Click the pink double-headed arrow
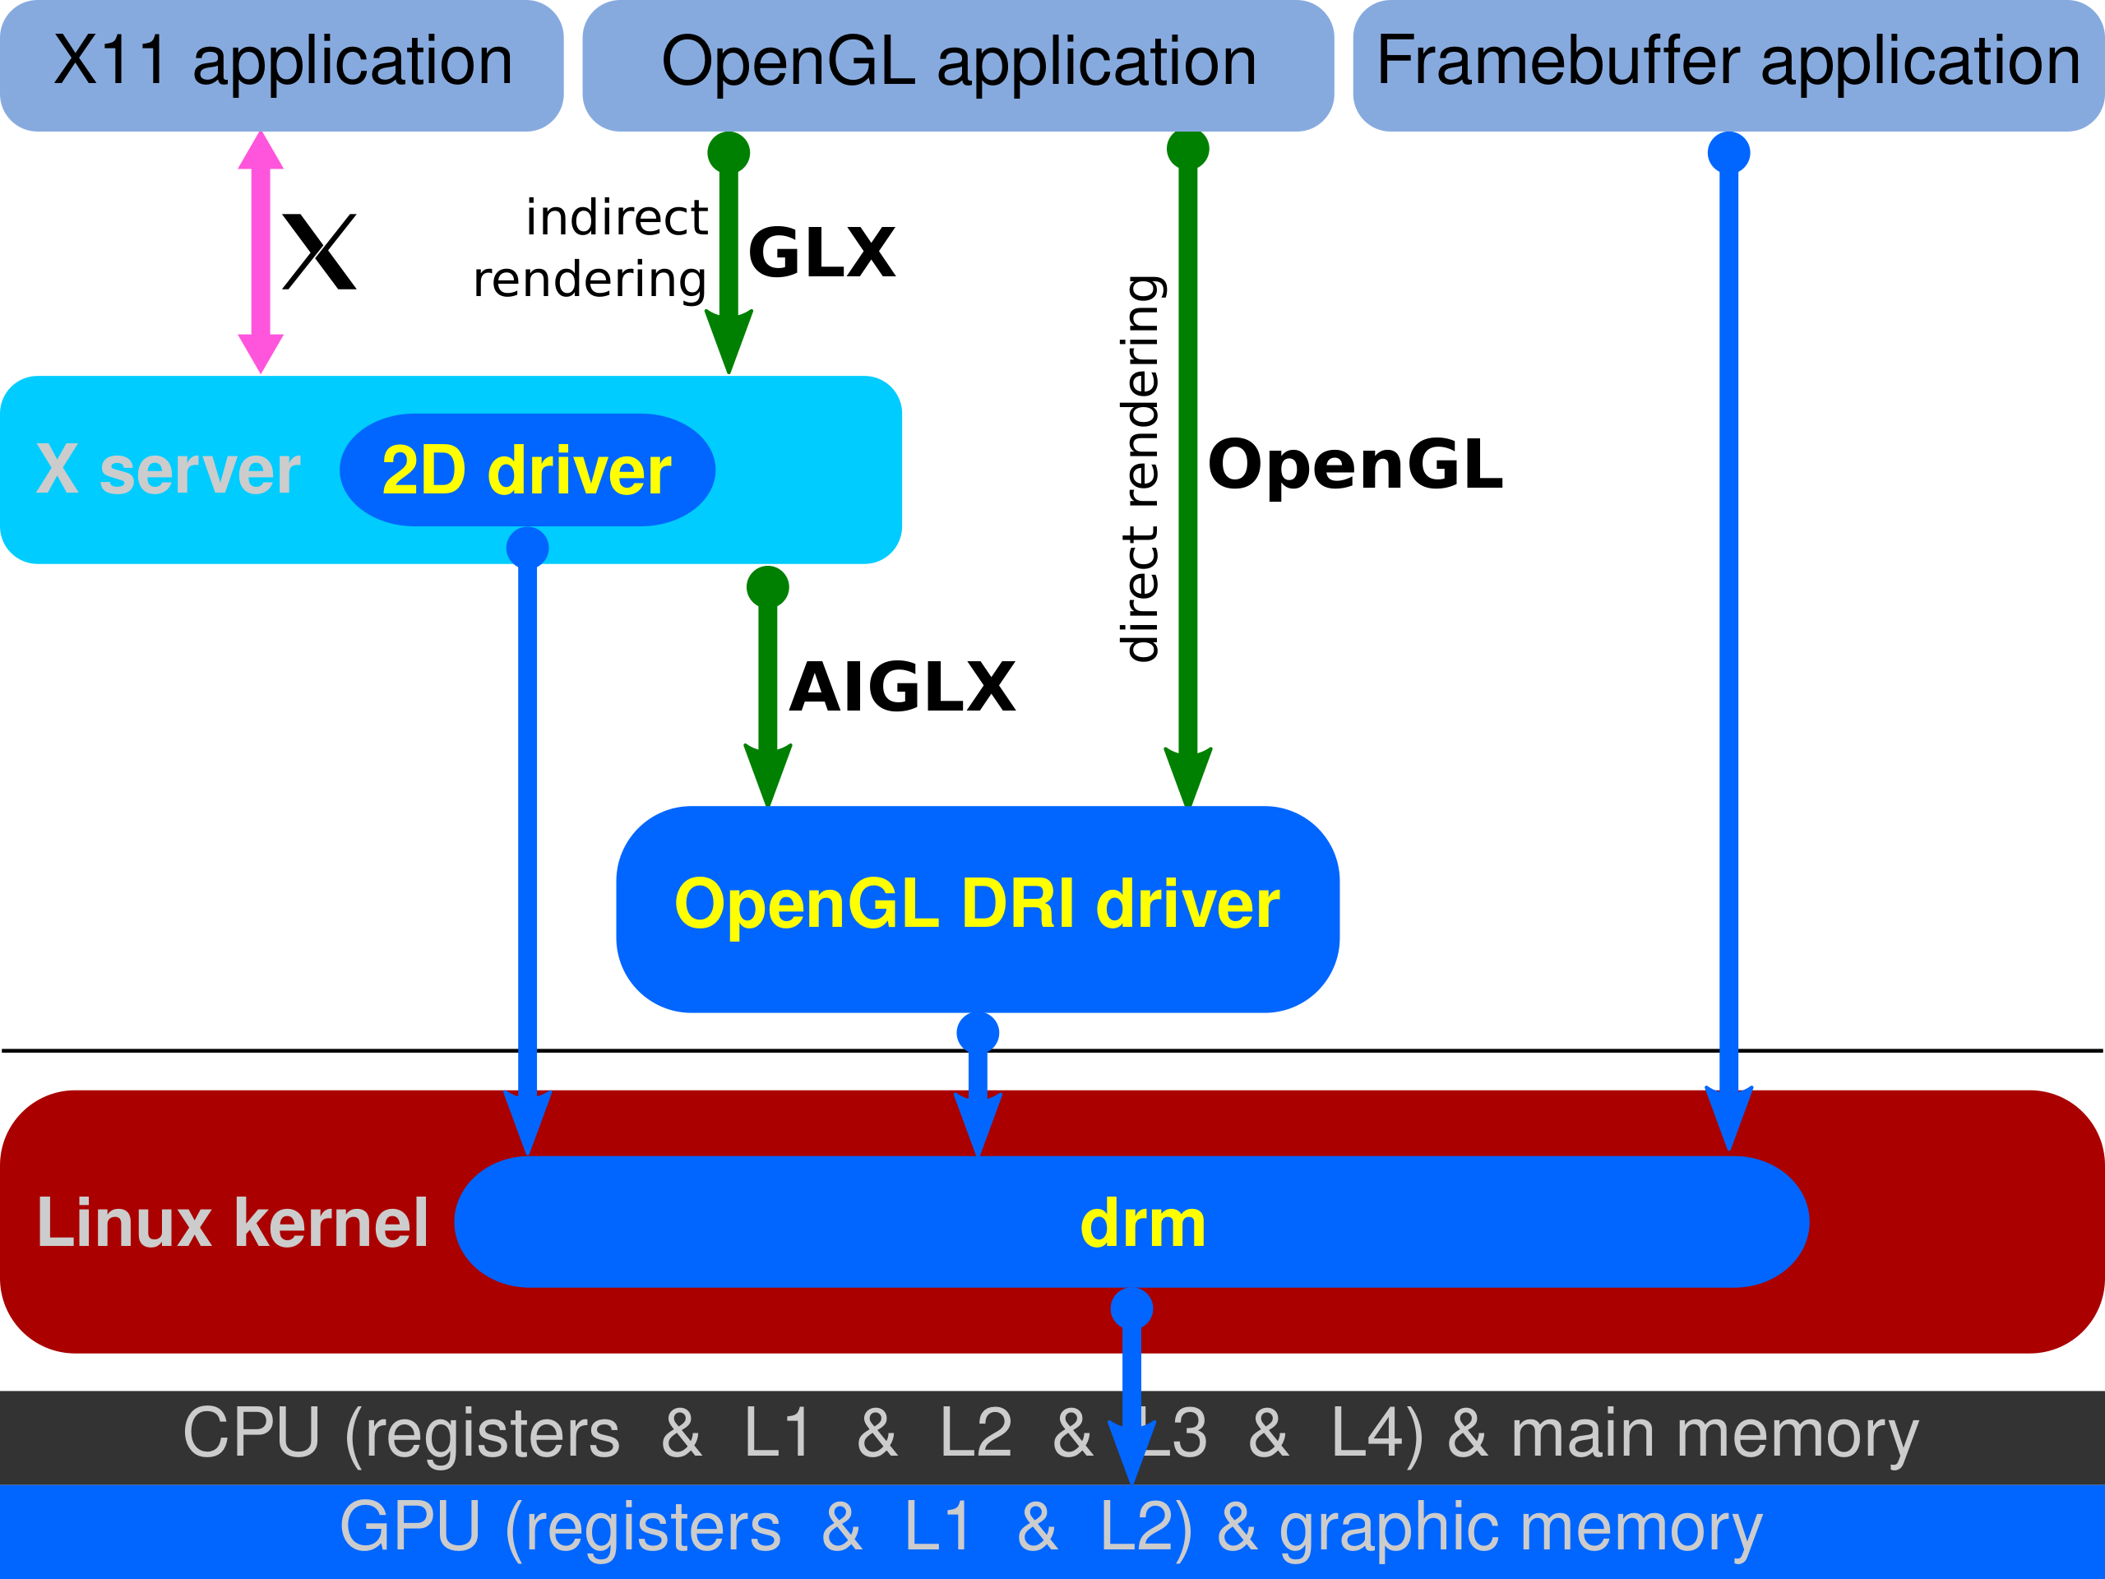pos(261,252)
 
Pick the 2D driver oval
pos(526,470)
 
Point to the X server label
pos(169,470)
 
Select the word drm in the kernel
pos(1143,1223)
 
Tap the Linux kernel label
pos(232,1223)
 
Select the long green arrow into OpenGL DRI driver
pos(1187,476)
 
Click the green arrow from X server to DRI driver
pos(768,685)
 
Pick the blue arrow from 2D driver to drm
pos(527,837)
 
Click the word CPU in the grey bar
pos(252,1433)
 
